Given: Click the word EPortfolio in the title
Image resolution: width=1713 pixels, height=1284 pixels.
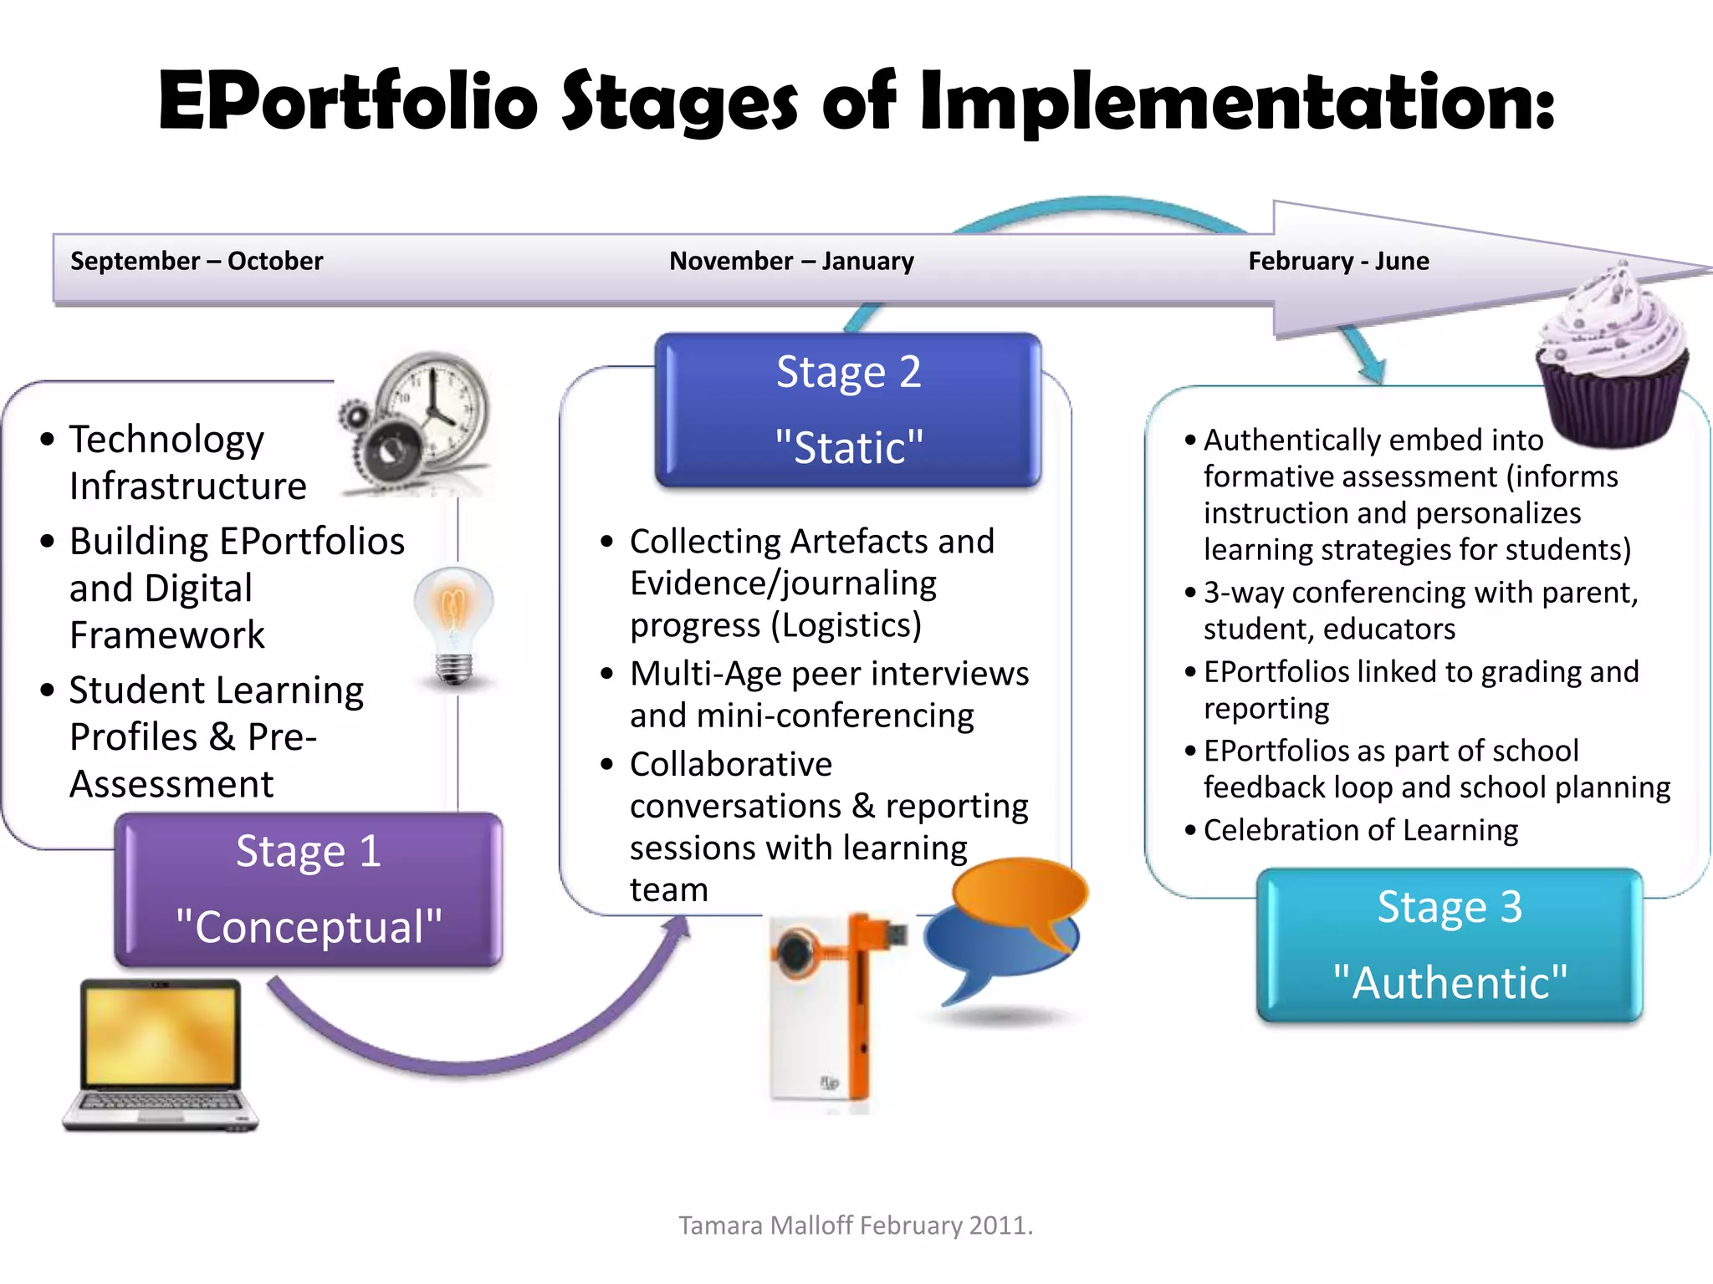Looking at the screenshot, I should coord(347,102).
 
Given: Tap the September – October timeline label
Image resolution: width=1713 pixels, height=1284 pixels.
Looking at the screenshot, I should coord(197,261).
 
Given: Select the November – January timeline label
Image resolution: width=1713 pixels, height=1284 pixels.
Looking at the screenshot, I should coord(791,261).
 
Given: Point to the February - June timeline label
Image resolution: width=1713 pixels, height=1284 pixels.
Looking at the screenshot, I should coord(1338,261).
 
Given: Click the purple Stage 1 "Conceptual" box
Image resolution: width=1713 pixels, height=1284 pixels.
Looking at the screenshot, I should coord(308,889).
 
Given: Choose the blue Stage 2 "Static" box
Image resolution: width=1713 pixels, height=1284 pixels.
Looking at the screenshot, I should coord(848,410).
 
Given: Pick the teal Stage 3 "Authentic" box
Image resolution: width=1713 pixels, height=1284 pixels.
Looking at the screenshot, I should coord(1450,945).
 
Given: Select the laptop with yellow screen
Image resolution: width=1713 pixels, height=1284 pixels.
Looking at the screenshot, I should coord(161,1055).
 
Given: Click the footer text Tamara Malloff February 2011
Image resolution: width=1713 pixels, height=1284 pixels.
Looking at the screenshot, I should coord(856,1225).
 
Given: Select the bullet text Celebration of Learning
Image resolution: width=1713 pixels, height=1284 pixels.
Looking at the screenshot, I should coord(1360,830).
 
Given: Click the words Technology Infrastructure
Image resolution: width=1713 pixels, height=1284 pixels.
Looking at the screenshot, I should coord(188,462).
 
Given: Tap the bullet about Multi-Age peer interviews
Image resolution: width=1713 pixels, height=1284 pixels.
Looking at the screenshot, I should coord(828,694).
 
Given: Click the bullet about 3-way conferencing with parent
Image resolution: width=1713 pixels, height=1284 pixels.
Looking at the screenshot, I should coord(1419,610).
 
